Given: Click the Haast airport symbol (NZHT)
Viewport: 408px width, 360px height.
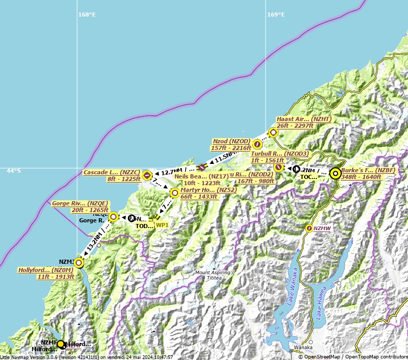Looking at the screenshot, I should click(x=273, y=132).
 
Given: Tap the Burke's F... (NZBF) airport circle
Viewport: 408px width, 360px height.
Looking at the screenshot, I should click(x=336, y=174).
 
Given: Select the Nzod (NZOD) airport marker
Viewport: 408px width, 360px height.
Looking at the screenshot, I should click(x=257, y=144).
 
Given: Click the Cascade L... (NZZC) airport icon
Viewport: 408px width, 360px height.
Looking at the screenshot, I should click(x=147, y=175).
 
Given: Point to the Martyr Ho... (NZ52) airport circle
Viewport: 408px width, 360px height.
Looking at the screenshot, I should click(x=175, y=193).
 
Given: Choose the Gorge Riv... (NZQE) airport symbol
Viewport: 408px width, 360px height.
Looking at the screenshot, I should click(x=114, y=217).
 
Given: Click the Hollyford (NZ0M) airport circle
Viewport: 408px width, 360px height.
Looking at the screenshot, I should click(x=79, y=263).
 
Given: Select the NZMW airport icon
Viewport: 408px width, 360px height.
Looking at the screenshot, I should click(x=309, y=228).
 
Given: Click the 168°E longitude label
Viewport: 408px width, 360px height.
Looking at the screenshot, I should click(x=87, y=14).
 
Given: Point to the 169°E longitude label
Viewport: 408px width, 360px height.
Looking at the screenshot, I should click(x=275, y=14).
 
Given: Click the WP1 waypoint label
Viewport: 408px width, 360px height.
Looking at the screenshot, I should click(x=162, y=225).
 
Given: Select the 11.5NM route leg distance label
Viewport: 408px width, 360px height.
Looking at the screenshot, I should click(x=224, y=157).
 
